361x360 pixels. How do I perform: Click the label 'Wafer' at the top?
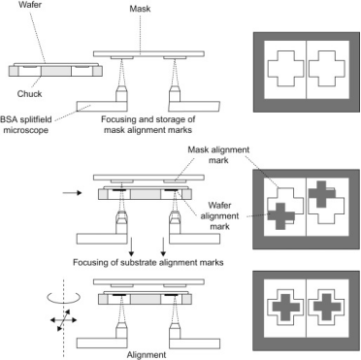[31, 5]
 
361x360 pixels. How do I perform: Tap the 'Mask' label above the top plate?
[140, 9]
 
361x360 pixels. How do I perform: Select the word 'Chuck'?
[29, 94]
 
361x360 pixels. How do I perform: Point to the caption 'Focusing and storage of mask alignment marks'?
[148, 124]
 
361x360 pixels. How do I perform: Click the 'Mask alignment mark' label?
[218, 155]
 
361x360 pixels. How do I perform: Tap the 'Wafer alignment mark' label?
[219, 215]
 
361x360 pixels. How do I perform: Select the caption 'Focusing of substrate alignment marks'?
[148, 262]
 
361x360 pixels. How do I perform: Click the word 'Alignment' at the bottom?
[147, 355]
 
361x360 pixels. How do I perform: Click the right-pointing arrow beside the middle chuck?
[72, 193]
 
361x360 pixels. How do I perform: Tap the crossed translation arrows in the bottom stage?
[63, 320]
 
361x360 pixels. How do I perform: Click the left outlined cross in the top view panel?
[285, 68]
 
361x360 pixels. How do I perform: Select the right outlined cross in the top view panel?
[327, 68]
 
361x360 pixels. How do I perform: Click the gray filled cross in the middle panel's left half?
[281, 216]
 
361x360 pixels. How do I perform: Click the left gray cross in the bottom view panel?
[285, 307]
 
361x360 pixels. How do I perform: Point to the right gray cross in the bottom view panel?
[327, 307]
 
